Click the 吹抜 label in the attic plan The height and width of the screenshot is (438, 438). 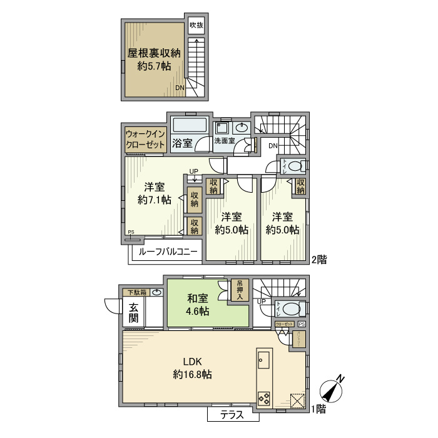pyautogui.click(x=197, y=26)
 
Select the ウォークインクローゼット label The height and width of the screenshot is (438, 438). pyautogui.click(x=145, y=139)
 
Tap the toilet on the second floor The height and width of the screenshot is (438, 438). pyautogui.click(x=298, y=166)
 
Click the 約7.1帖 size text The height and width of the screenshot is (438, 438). pyautogui.click(x=155, y=200)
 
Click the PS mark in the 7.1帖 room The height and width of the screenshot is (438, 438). pyautogui.click(x=130, y=233)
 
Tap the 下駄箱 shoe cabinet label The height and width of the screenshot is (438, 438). pyautogui.click(x=137, y=292)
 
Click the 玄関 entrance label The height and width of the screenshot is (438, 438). pyautogui.click(x=134, y=312)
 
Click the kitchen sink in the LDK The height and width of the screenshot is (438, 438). pyautogui.click(x=263, y=361)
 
